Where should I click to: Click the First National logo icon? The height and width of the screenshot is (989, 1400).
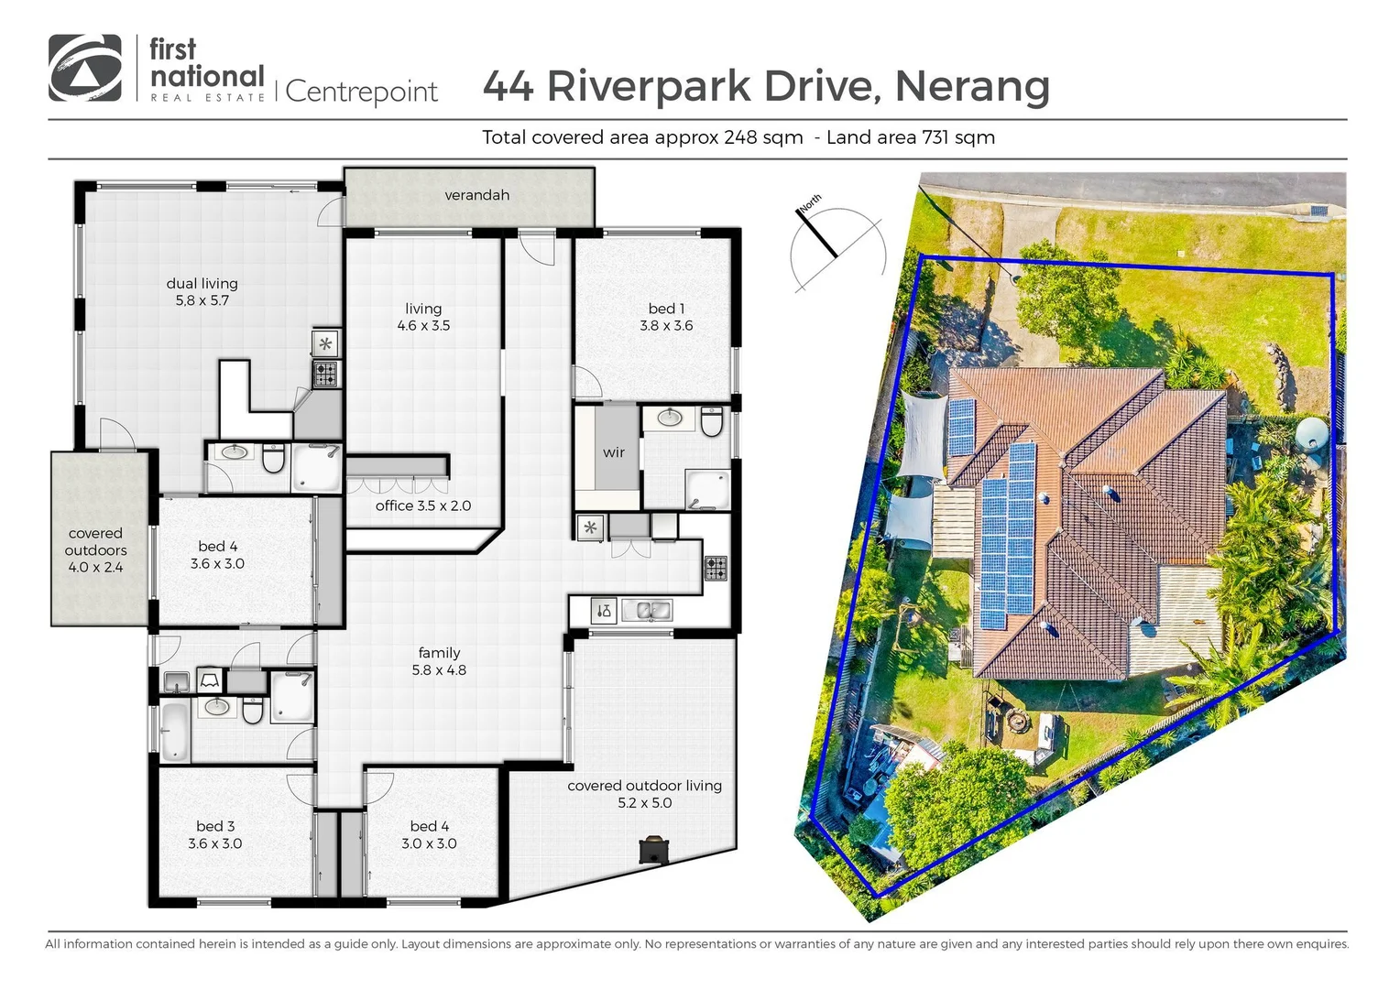point(84,68)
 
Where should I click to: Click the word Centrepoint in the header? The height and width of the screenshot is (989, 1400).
point(362,92)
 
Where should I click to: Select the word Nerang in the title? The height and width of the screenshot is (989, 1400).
point(971,86)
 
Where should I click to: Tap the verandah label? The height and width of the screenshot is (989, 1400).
point(476,195)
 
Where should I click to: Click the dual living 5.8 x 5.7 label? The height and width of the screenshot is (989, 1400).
point(202,291)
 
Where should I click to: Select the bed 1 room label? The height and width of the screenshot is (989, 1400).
point(666,317)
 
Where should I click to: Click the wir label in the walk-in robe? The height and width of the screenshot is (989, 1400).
point(613,452)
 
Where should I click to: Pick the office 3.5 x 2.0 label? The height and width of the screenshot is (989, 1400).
point(422,505)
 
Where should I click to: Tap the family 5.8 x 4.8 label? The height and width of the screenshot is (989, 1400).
point(439,661)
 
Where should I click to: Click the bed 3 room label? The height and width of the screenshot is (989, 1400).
point(215,834)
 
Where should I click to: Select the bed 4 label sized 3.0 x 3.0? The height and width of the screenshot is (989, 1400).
point(429,834)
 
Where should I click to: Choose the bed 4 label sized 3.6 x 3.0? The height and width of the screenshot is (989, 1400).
point(217,555)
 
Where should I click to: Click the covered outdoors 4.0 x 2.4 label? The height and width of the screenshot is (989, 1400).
point(95,549)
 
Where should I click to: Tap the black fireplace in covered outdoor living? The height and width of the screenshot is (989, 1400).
point(653,849)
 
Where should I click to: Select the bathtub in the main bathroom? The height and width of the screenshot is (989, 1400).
point(173,731)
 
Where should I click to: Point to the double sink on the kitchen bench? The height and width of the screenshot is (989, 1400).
point(646,610)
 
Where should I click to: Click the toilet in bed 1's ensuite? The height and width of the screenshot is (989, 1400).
point(712,422)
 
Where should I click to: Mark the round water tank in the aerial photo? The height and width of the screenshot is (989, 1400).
point(1311,433)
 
